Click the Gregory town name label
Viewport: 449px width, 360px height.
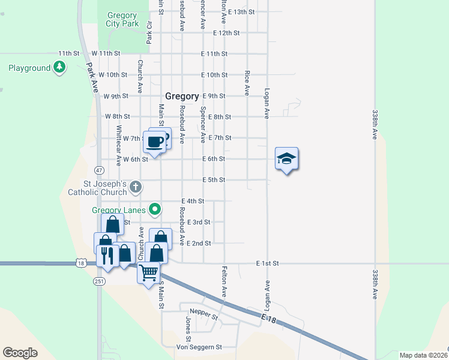(x=182, y=96)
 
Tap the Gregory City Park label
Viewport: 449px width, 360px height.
(x=122, y=20)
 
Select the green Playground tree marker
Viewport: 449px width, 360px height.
(x=59, y=67)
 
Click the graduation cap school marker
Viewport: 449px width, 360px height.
(x=286, y=159)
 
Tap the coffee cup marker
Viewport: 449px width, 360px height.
(x=155, y=142)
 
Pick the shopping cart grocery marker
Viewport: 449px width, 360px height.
(x=148, y=273)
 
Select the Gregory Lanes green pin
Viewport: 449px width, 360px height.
(x=155, y=209)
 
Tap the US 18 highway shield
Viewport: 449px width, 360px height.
(x=80, y=263)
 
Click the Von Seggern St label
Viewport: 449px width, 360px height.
(x=199, y=347)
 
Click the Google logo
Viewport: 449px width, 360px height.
(x=20, y=353)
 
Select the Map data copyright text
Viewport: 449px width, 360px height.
(x=423, y=355)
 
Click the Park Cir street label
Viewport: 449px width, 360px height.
(x=150, y=32)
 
